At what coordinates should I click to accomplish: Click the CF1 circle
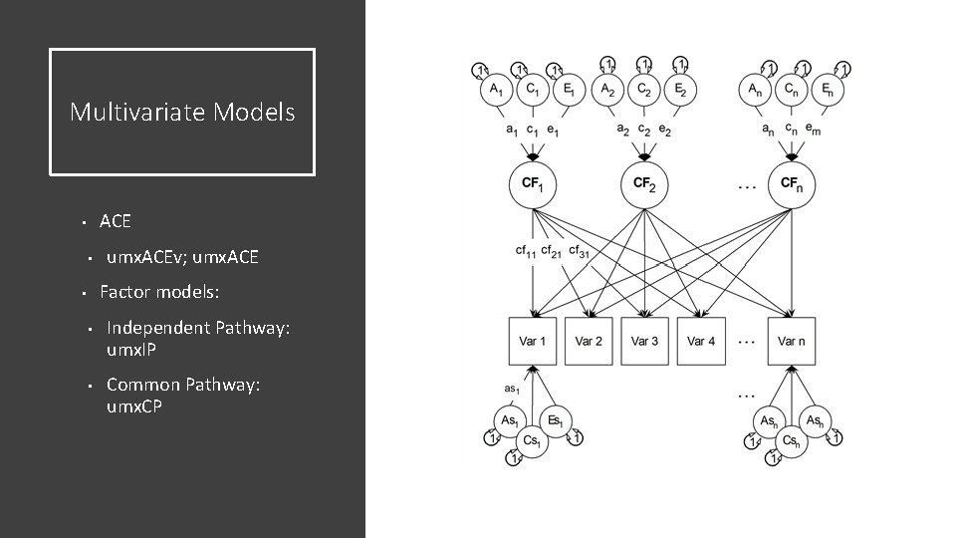533,184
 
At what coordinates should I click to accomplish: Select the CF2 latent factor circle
644,184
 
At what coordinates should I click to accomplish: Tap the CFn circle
791,184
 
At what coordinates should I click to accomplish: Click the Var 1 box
533,342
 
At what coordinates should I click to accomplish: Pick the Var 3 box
644,342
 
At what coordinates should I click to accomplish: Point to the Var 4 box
701,342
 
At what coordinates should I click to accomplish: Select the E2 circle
680,89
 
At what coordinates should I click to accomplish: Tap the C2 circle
643,89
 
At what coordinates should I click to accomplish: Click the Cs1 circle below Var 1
532,440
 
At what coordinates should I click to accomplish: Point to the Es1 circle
555,420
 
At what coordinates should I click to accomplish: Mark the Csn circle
793,440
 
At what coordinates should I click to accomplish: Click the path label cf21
552,251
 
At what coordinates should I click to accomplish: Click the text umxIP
131,351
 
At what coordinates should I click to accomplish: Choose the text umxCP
134,406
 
